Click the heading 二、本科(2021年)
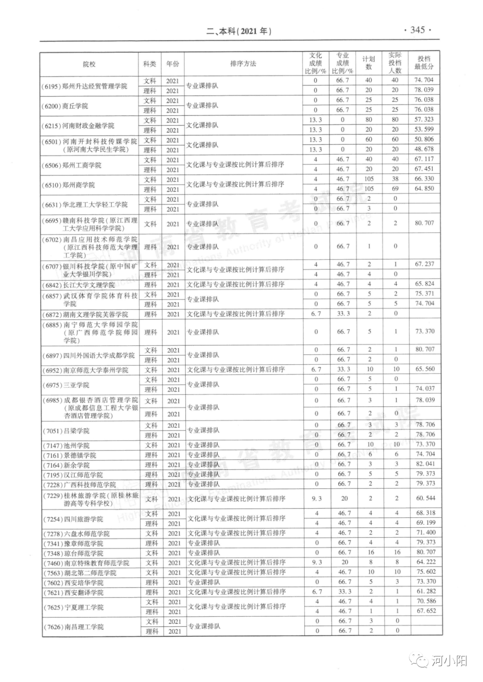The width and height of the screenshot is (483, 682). click(239, 31)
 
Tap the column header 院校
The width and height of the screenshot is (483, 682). click(89, 64)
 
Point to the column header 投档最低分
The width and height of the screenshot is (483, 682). click(424, 63)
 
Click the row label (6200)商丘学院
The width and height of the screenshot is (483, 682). click(65, 106)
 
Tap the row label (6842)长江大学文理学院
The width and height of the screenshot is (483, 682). click(79, 285)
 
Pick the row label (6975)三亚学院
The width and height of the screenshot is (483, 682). click(66, 385)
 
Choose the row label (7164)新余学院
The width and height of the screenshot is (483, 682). click(66, 465)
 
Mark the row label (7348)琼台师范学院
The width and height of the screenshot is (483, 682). click(73, 553)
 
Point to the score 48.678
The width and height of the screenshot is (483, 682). click(424, 149)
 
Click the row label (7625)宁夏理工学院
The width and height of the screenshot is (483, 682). click(73, 607)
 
